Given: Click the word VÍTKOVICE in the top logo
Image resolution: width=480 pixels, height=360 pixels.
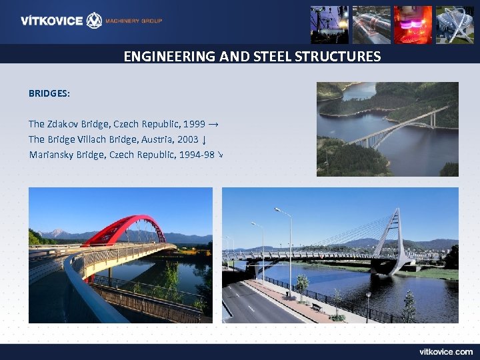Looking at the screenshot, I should pos(52,21).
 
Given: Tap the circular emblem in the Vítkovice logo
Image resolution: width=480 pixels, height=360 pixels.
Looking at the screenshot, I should pos(95,21).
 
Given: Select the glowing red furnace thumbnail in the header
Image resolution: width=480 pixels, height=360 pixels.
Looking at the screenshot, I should pos(413,25).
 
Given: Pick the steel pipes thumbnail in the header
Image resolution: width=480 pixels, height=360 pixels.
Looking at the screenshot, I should pos(371,25).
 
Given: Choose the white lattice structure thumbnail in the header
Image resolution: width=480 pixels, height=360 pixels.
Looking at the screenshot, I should pos(455,25).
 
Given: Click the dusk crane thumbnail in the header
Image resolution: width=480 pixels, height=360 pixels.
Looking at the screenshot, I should pos(329,25).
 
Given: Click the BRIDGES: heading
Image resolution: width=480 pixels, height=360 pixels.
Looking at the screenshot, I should pos(49,94).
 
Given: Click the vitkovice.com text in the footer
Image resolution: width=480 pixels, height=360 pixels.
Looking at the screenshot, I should pos(446,351).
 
